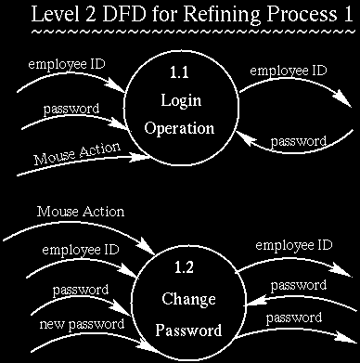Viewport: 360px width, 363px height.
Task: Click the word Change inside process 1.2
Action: tap(189, 300)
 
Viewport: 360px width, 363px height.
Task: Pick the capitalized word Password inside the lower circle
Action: tap(189, 330)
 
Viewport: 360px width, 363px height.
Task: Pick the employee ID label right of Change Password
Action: tap(294, 245)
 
